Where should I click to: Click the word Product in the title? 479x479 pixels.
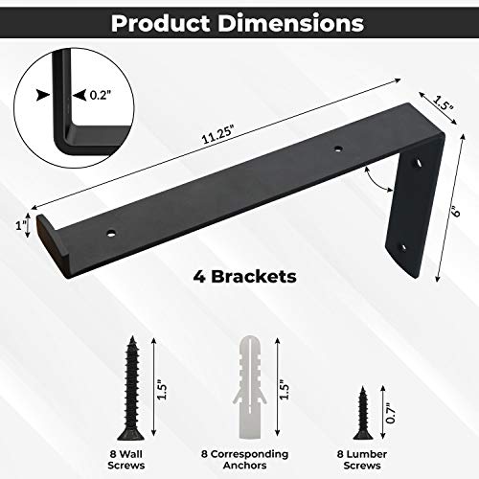pyautogui.click(x=170, y=20)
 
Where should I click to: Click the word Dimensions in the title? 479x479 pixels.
pyautogui.click(x=292, y=20)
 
